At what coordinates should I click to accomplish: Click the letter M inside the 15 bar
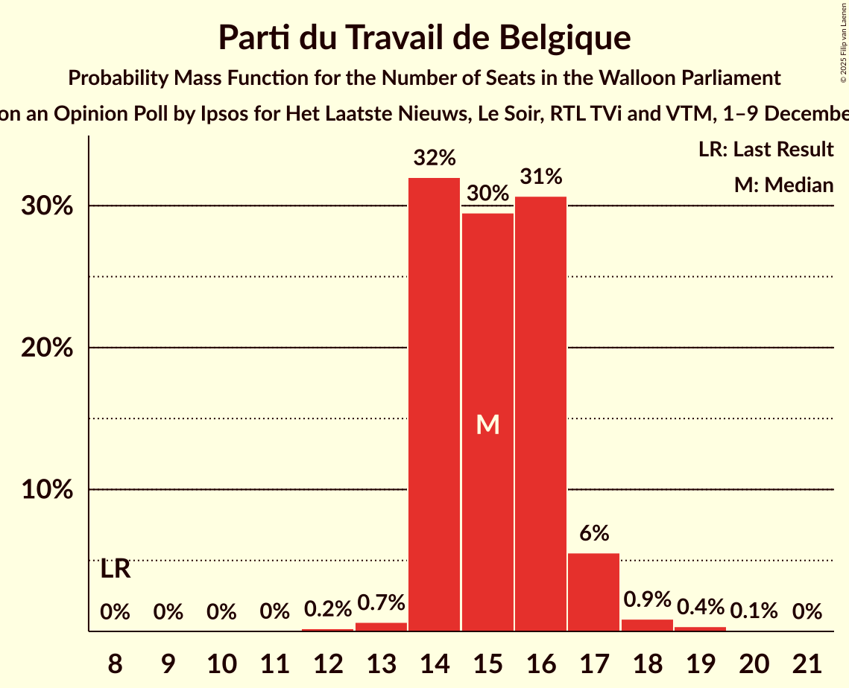487,424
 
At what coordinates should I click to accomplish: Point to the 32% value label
435,158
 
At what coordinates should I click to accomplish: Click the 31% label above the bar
541,177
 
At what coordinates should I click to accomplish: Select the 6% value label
594,533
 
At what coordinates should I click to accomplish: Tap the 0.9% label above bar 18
647,599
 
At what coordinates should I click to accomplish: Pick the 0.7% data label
381,602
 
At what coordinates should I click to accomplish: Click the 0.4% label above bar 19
700,607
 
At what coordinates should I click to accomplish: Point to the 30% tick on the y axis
47,206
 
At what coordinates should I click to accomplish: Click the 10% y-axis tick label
47,490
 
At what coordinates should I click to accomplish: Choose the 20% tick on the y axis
47,348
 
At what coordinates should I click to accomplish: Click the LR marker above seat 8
115,570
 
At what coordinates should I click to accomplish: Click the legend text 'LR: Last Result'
766,150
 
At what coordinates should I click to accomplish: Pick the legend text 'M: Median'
783,185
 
